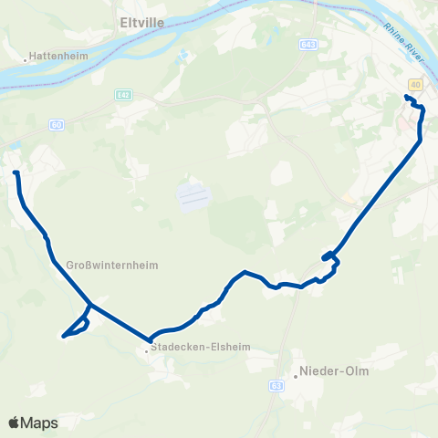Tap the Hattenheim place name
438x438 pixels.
[x=58, y=55]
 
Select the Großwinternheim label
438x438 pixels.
[x=112, y=266]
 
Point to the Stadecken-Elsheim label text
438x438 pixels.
[x=202, y=347]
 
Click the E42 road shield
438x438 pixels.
[x=124, y=94]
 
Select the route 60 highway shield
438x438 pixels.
[x=57, y=124]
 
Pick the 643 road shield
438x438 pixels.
[x=308, y=44]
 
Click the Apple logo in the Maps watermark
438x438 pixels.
[x=15, y=422]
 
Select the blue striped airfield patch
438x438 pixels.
[x=193, y=196]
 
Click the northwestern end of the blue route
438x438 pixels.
[x=16, y=172]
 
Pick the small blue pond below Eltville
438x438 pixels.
[x=180, y=56]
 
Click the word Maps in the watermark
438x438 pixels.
[x=40, y=423]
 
